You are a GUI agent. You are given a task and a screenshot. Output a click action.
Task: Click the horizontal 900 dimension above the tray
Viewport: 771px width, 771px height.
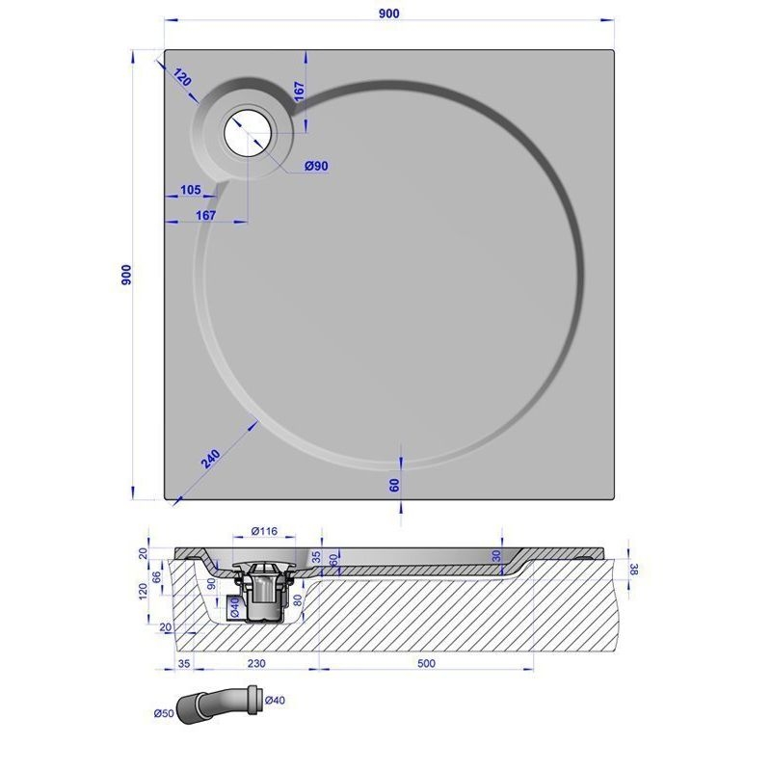point(389,13)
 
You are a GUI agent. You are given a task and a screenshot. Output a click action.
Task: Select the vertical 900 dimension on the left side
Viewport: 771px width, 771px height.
point(126,275)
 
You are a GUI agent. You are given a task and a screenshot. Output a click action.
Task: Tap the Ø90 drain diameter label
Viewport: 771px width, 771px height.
point(316,166)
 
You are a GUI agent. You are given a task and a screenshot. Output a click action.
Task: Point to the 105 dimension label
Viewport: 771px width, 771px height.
point(190,189)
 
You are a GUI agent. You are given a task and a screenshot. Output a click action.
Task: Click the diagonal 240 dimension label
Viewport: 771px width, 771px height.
point(210,459)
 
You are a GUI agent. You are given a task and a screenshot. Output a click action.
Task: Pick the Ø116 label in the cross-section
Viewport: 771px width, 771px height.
point(264,531)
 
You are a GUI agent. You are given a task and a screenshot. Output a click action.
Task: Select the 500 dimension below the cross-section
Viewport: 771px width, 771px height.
point(426,663)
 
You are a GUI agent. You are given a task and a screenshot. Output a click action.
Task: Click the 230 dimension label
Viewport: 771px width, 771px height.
point(256,663)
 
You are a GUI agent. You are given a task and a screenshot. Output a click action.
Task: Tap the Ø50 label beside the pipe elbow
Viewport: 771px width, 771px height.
point(164,712)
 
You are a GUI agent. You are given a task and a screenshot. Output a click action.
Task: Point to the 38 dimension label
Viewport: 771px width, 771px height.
point(634,570)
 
